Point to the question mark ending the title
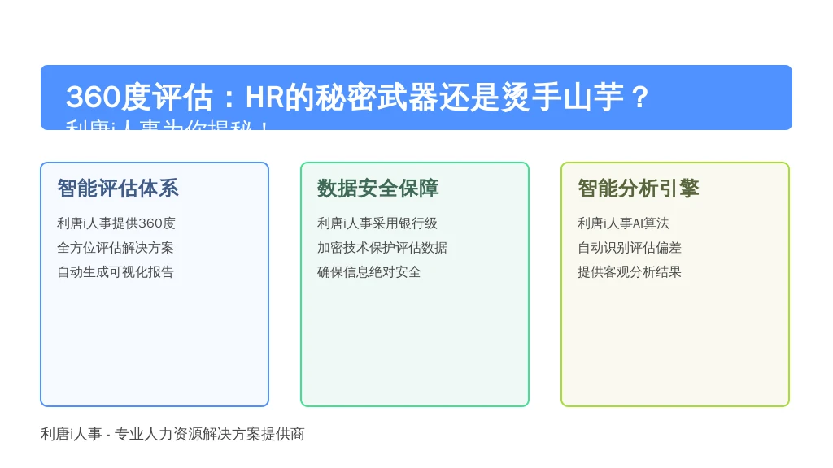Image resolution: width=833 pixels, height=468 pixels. pos(639,97)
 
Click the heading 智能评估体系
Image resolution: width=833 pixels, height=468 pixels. pos(117,188)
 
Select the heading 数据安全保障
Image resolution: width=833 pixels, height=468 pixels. pos(377,188)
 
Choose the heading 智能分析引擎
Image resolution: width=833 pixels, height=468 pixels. pos(638,188)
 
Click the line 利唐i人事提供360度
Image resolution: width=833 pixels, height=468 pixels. pos(116,223)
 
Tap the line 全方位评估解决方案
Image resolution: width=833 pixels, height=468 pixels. pos(116,248)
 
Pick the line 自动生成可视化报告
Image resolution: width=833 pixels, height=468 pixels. pos(116,272)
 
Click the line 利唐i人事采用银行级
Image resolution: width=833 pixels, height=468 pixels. pos(377,223)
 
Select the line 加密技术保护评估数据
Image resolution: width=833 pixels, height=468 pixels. pos(382,248)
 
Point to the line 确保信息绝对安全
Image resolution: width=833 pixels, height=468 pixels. pos(369,272)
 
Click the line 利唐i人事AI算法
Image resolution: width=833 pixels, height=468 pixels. pos(623,223)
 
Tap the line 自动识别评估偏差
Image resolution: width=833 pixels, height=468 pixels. pos(630,248)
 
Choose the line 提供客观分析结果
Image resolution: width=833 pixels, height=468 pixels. pos(630,272)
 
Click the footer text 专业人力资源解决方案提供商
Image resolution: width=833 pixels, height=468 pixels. pos(210,435)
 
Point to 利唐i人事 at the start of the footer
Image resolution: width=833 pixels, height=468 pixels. pos(72,435)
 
